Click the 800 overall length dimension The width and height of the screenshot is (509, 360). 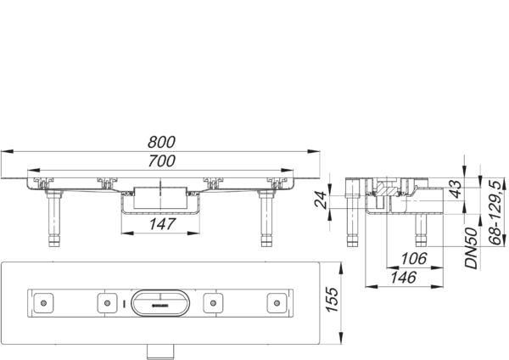[162, 142]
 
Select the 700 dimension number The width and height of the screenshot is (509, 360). [162, 160]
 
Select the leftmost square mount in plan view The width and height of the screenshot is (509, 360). [45, 301]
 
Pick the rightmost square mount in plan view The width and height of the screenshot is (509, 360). [277, 301]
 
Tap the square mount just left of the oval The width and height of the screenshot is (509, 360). [108, 301]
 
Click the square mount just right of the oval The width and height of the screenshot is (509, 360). [214, 301]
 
